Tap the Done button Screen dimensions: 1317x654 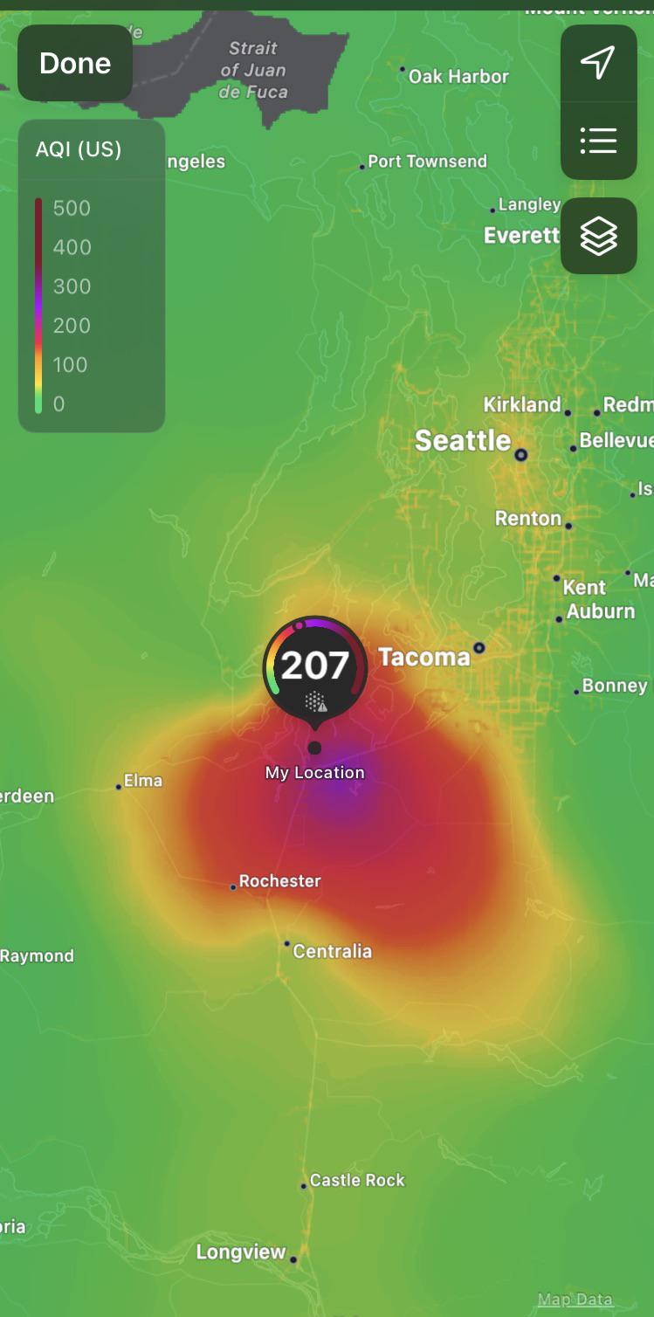tap(75, 63)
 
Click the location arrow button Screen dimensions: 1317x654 tap(598, 63)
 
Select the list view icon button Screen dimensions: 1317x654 tap(598, 141)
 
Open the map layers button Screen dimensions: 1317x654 tap(598, 236)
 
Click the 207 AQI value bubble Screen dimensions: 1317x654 tap(315, 666)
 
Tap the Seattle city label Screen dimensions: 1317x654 tap(462, 440)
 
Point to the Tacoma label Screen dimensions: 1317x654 tap(423, 657)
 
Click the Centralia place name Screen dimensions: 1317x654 tap(332, 951)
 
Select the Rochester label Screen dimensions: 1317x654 tap(279, 881)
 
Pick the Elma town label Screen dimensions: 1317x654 tap(142, 780)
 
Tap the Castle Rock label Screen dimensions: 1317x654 tap(357, 1180)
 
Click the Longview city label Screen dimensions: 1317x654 tap(241, 1252)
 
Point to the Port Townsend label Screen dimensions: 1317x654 tap(427, 162)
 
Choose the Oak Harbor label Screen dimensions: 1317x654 tap(458, 77)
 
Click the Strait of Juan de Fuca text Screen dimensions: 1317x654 tap(253, 70)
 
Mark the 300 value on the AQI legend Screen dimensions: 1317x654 tap(72, 286)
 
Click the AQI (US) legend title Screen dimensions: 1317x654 tap(79, 149)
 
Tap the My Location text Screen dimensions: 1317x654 tap(314, 773)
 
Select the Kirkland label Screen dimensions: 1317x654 tap(522, 404)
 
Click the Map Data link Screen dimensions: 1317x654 tap(575, 1300)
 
